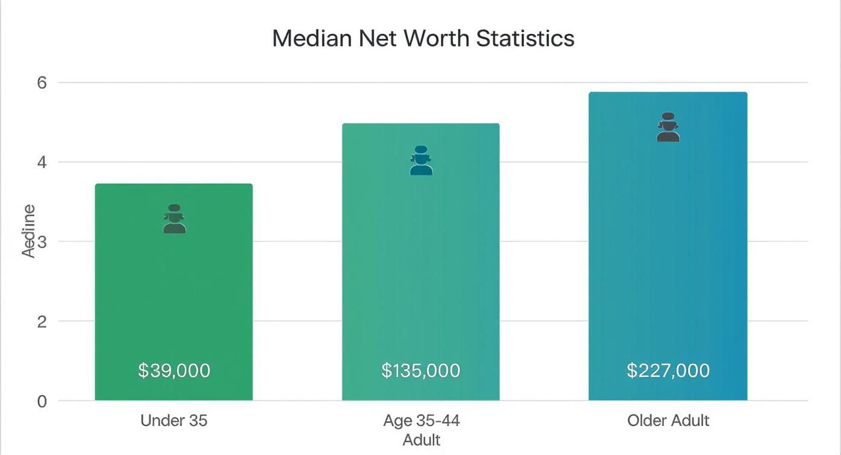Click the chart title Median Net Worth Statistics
423,38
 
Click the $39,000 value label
174,370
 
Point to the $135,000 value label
420,370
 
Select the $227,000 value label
668,370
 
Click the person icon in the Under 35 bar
174,219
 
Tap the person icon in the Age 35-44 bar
420,160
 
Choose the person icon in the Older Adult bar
668,127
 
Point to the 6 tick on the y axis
42,83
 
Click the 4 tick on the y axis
42,162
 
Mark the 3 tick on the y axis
42,242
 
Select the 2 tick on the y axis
42,321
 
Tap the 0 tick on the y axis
42,401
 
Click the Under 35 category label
174,421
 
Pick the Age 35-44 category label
420,421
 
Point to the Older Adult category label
668,421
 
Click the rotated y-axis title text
28,231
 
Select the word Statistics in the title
524,38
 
